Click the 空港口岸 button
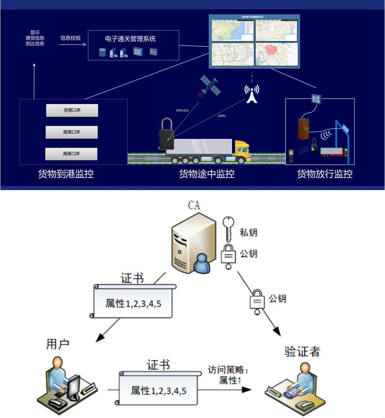pos(72,110)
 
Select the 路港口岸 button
pos(72,132)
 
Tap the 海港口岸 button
pos(71,154)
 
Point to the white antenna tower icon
pos(252,94)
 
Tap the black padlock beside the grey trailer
pos(167,135)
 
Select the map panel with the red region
pos(277,54)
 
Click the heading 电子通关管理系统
pos(130,39)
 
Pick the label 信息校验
pos(71,38)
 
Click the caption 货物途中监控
pos(207,174)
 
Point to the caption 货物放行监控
pos(325,174)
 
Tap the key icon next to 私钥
pos(228,228)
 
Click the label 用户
pos(58,344)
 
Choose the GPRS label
pos(222,116)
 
